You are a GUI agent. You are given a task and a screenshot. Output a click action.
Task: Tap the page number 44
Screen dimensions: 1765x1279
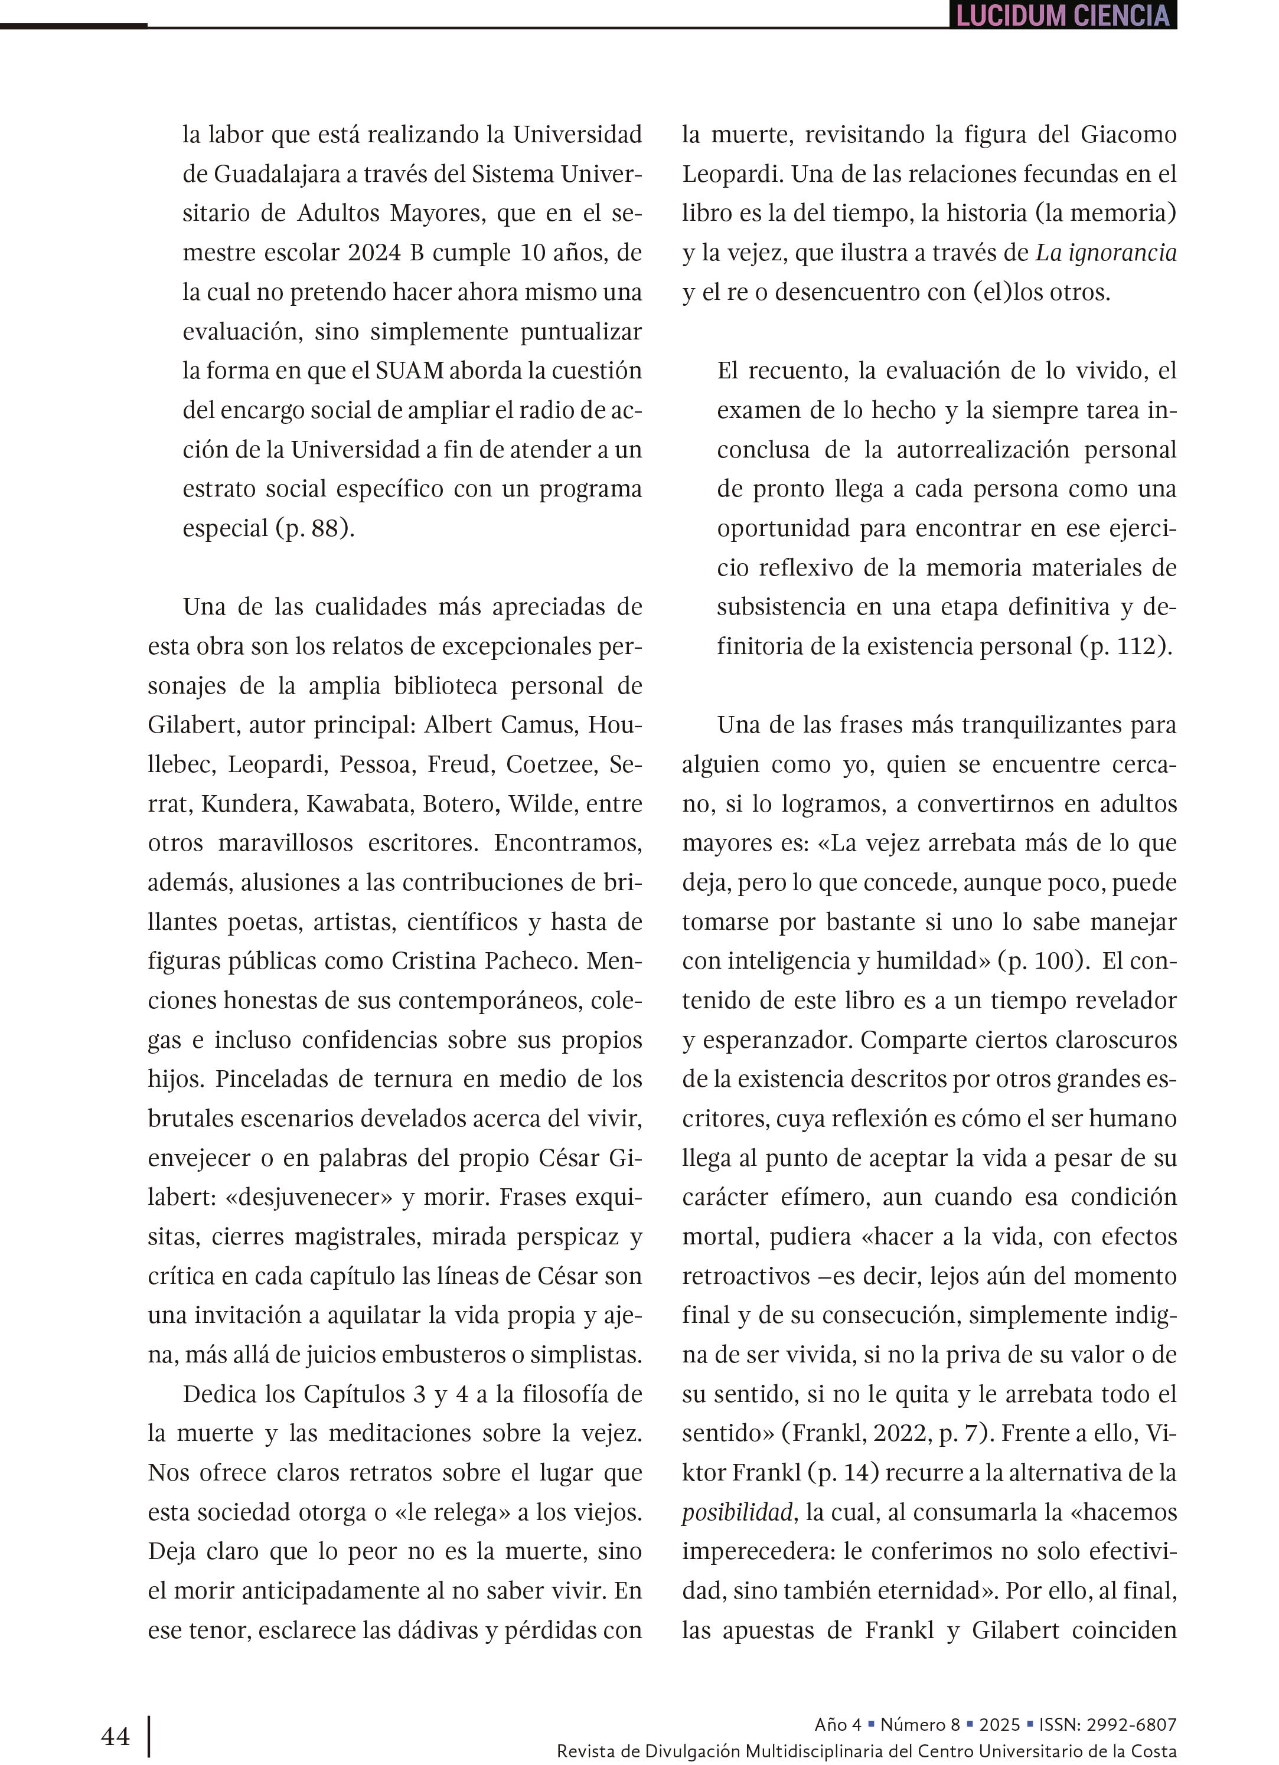115,1736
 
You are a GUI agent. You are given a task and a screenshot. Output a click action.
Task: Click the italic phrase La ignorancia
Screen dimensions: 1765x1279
1105,253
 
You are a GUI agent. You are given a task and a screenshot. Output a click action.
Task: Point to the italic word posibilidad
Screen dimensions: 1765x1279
737,1512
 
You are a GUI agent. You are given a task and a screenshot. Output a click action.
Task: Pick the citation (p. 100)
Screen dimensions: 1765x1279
1042,961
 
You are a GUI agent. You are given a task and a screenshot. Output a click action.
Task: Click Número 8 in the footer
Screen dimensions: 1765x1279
919,1724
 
